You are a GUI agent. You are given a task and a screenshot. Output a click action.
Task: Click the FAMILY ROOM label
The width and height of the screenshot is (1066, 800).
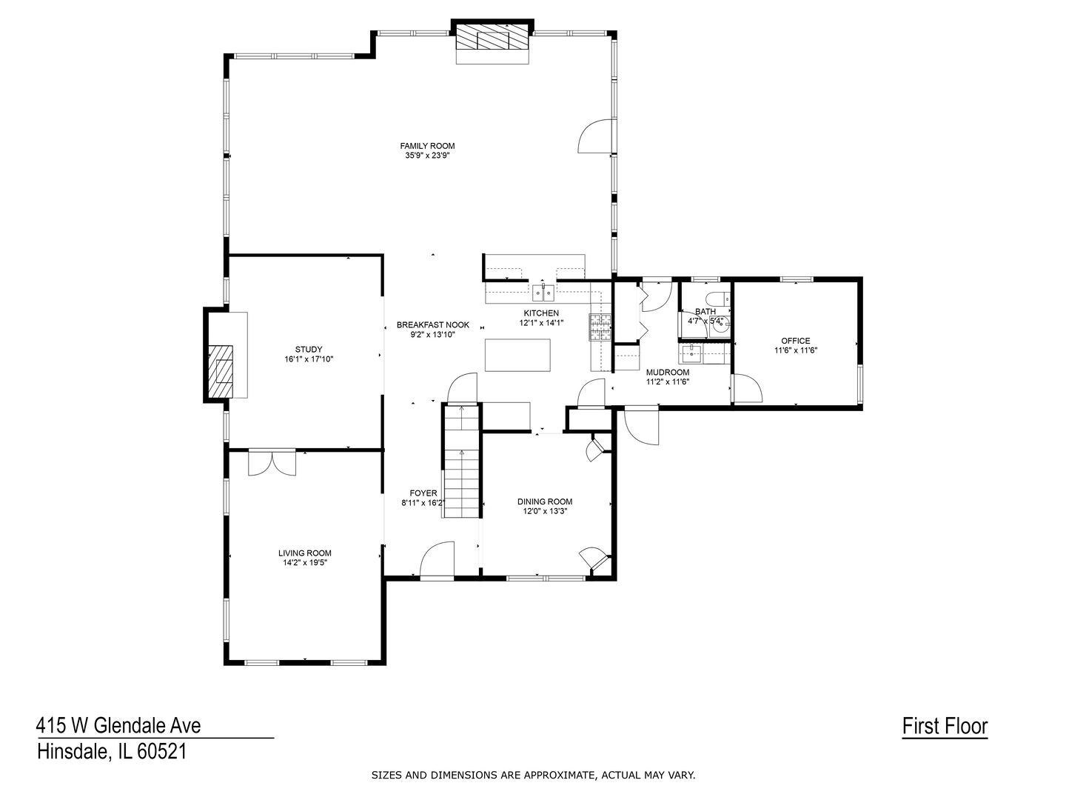coord(427,146)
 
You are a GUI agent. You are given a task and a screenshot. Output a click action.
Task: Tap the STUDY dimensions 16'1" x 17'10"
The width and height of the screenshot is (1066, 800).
coord(309,359)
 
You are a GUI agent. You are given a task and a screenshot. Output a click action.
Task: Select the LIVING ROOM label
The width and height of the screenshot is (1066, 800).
coord(304,553)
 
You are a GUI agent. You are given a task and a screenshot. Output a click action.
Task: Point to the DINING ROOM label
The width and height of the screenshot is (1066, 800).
coord(544,501)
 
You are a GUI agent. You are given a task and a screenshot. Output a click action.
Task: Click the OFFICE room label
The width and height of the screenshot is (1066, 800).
coord(796,341)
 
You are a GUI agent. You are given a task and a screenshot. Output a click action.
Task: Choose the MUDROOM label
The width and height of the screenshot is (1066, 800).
coord(667,372)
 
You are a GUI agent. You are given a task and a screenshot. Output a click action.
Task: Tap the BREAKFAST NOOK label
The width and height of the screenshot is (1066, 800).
coord(433,324)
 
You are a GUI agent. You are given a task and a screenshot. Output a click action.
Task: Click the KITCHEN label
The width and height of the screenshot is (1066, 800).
coord(541,313)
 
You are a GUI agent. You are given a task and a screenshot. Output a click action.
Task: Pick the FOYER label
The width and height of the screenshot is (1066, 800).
coord(423,493)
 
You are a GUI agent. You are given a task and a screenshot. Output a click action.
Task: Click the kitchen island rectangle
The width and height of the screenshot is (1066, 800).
coord(517,355)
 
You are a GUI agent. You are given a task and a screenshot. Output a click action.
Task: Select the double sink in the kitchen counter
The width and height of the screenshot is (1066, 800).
coord(543,293)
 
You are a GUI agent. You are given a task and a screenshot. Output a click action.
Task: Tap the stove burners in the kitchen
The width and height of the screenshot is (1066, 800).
coord(600,327)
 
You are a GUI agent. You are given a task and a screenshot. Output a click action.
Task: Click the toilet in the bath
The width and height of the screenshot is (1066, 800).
coord(719,297)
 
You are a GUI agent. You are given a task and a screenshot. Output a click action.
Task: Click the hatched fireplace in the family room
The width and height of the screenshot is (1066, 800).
coord(492,36)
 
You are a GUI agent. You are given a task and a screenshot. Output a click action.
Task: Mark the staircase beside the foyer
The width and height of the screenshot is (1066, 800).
coord(461,461)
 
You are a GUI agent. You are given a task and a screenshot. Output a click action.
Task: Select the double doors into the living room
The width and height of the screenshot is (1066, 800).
coord(272,462)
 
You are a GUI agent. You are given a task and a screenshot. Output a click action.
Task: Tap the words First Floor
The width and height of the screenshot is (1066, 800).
coord(945,726)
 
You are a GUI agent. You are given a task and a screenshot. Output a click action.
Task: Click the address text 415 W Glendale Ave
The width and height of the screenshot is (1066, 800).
coord(118,726)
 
